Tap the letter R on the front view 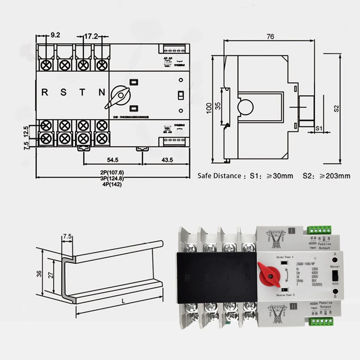point(45,93)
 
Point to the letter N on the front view point(102,93)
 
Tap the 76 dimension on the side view point(270,37)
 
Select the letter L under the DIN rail point(122,302)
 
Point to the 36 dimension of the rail point(40,273)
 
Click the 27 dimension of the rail point(52,274)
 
